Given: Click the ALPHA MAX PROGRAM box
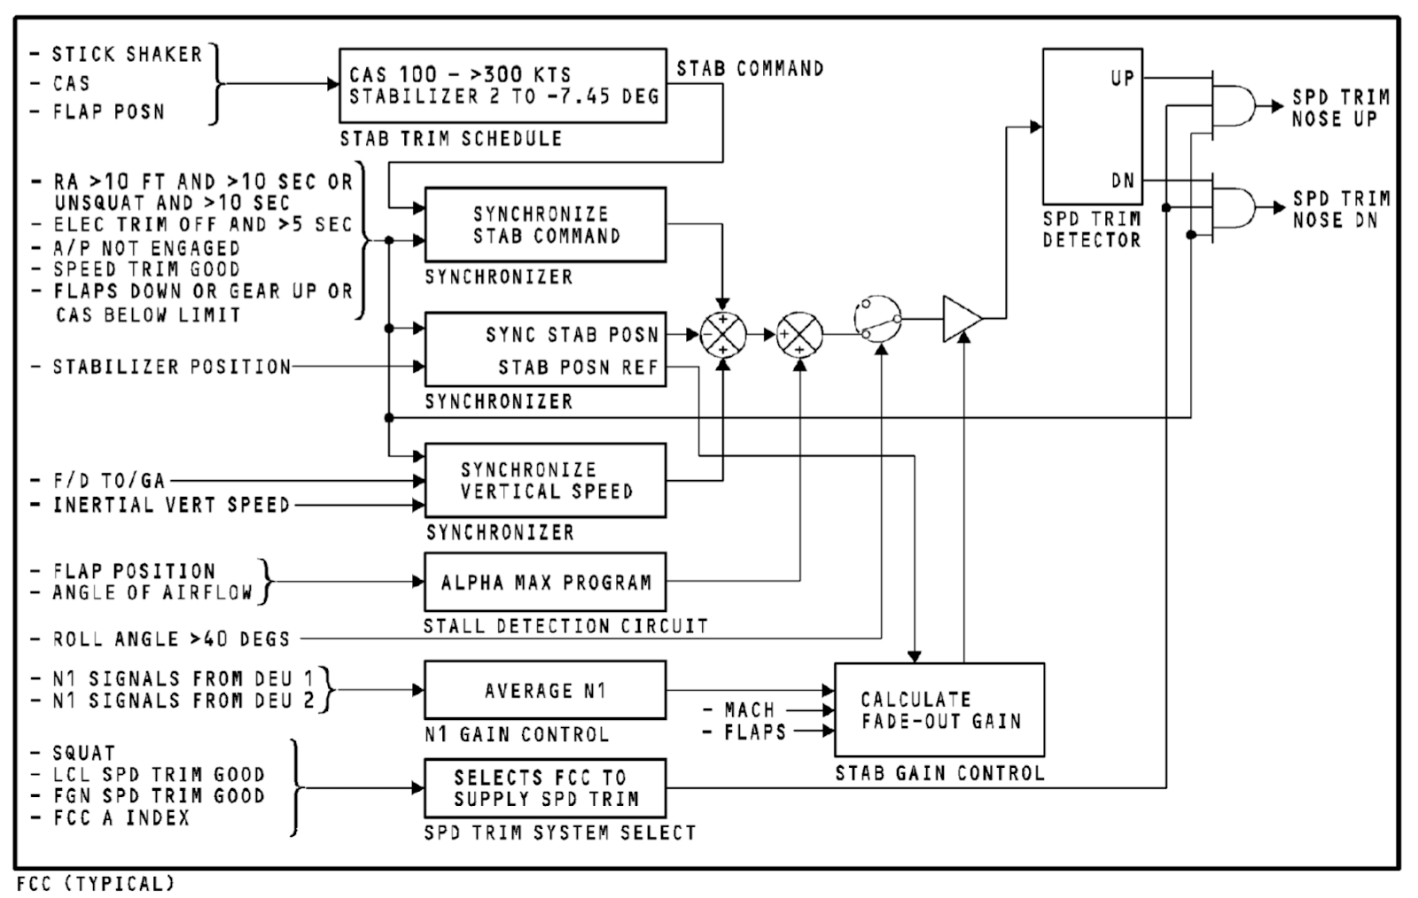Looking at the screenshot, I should (x=545, y=582).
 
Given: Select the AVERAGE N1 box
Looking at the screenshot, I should (x=545, y=690).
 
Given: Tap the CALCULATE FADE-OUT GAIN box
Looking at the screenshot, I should (x=939, y=709).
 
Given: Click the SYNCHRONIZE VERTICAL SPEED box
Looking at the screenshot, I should (x=545, y=480).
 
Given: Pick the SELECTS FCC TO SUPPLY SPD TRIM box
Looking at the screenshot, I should (x=545, y=788).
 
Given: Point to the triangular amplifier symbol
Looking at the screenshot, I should (x=960, y=318).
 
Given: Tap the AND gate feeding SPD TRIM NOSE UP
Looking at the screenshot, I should (x=1234, y=105).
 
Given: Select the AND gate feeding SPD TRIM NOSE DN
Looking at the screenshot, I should (x=1234, y=208).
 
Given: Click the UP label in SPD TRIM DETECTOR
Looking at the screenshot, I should (x=1122, y=78).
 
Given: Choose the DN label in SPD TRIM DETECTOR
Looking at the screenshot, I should (x=1122, y=181).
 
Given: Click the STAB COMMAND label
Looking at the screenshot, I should (x=750, y=68).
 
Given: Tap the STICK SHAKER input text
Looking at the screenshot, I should (x=127, y=55).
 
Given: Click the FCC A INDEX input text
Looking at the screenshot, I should (x=121, y=817).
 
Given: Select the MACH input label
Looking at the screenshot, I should (x=749, y=710).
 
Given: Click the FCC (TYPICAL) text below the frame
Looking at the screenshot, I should (x=96, y=884).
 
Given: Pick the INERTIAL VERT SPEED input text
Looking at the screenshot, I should (x=171, y=505).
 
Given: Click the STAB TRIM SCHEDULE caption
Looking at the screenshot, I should (x=450, y=138).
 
